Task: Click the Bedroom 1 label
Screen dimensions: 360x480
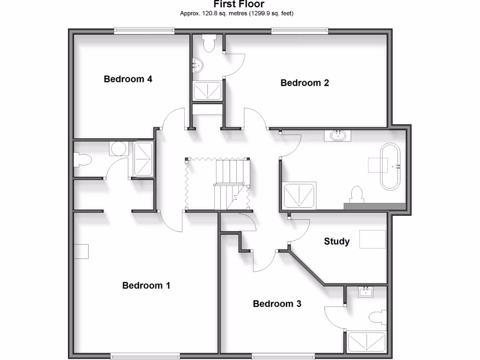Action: click(146, 285)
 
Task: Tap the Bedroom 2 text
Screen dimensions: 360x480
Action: click(305, 83)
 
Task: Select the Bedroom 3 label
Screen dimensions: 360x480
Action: click(277, 304)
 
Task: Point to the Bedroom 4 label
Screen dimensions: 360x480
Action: click(128, 79)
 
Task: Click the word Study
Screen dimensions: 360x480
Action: click(337, 241)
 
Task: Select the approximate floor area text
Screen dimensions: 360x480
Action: click(237, 14)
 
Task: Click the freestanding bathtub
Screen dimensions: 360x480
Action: click(390, 166)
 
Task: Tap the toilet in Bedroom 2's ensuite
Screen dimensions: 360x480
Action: click(208, 43)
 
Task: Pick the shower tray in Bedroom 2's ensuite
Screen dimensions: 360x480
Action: click(208, 91)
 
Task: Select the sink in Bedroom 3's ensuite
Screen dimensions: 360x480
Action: click(366, 292)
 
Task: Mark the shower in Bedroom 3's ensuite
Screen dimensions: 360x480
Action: click(366, 342)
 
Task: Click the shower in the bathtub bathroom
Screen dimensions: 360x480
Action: click(300, 195)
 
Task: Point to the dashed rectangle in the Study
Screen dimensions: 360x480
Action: click(372, 240)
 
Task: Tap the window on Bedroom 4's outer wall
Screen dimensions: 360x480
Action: click(144, 31)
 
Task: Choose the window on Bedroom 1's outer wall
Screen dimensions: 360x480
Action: click(142, 356)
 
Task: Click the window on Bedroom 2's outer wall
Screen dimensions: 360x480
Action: click(300, 31)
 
